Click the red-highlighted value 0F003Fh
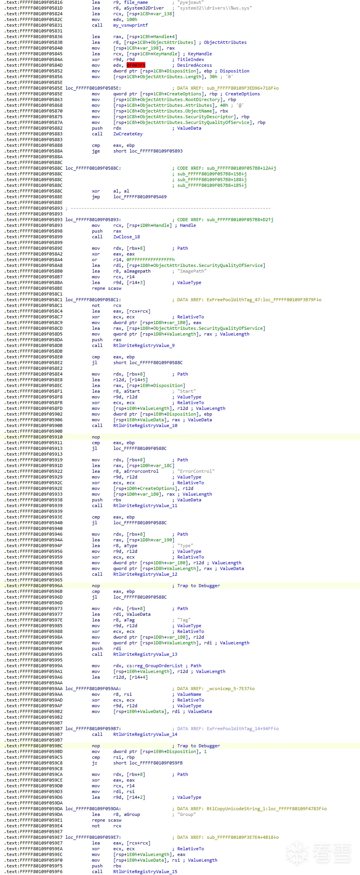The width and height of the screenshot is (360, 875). click(x=136, y=65)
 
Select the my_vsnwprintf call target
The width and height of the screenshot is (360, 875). click(x=130, y=25)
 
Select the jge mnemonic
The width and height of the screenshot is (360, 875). click(x=96, y=151)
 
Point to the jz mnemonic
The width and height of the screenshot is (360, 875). click(x=95, y=763)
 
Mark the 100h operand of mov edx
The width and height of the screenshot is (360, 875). click(x=132, y=19)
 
